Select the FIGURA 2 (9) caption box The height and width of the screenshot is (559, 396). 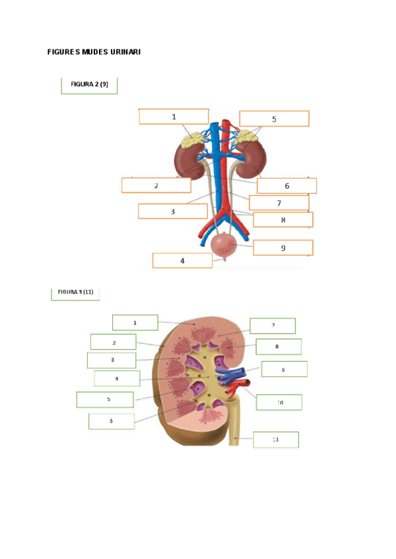[x=89, y=84]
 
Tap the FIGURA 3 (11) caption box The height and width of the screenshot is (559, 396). [x=75, y=293]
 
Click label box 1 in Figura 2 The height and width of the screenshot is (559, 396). [x=174, y=117]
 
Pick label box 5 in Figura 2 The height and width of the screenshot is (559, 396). [x=274, y=119]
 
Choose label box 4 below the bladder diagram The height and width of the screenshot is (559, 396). [x=182, y=260]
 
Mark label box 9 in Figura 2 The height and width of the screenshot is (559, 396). [x=282, y=248]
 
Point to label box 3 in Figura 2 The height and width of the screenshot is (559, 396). [x=172, y=212]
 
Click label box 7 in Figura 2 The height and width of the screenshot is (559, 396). [x=279, y=202]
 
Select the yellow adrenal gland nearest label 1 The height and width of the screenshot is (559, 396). [x=194, y=140]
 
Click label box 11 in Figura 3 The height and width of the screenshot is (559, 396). [x=275, y=439]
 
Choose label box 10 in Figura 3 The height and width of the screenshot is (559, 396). [x=279, y=401]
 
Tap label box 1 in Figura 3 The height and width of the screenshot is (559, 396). [x=135, y=322]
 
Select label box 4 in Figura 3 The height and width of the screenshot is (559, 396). [x=116, y=378]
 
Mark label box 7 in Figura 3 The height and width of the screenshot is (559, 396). [x=272, y=325]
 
